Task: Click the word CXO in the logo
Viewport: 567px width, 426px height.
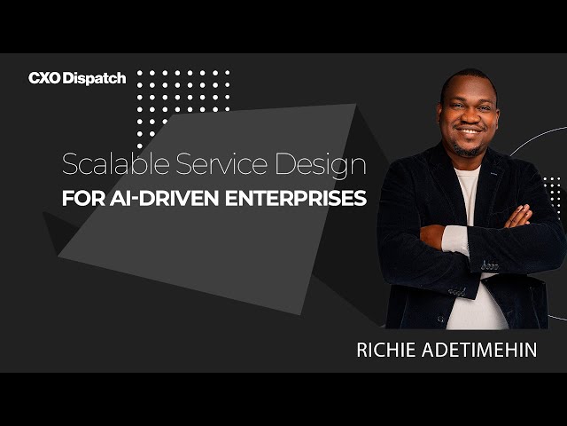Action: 43,78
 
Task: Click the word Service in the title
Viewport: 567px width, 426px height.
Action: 206,165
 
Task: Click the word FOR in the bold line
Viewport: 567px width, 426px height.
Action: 80,198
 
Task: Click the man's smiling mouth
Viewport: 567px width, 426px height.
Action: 470,132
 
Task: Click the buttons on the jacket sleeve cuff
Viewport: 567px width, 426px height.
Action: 489,264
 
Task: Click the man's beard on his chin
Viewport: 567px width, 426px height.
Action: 470,148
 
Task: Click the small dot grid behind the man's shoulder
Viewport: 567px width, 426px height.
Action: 552,193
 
